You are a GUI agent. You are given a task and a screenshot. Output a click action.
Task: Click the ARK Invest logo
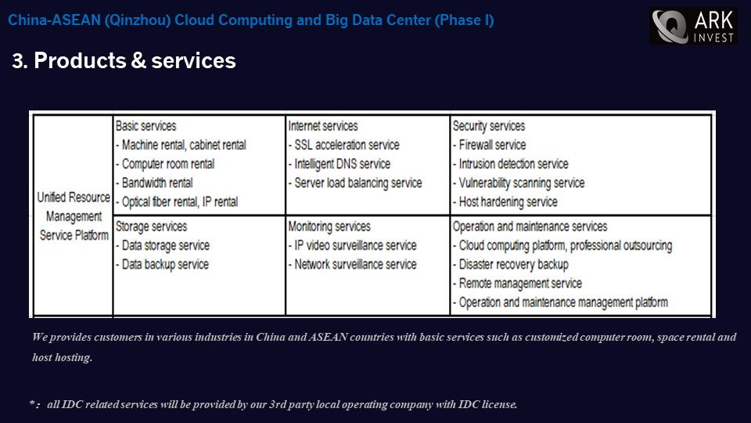tap(693, 27)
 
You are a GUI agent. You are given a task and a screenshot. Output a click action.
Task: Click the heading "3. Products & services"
tap(124, 61)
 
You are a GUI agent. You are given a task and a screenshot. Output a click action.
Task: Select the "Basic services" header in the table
tap(146, 126)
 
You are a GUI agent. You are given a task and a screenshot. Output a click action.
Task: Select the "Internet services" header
tap(323, 126)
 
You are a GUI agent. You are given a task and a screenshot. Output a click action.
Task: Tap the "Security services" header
tap(489, 126)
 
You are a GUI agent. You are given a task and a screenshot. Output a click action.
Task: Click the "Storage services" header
tap(151, 227)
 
